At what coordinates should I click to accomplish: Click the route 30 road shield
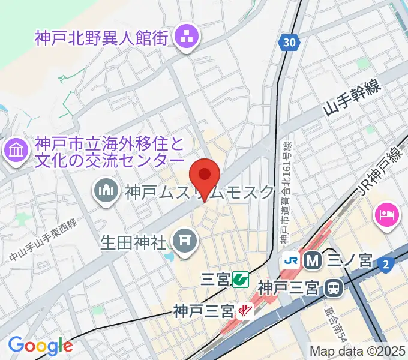pyautogui.click(x=290, y=41)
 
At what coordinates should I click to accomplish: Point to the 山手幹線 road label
pyautogui.click(x=352, y=98)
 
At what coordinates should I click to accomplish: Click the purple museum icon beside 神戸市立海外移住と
pyautogui.click(x=16, y=150)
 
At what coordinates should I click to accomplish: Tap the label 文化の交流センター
pyautogui.click(x=109, y=161)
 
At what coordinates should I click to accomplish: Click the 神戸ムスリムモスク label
pyautogui.click(x=199, y=193)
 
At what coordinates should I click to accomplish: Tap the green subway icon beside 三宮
pyautogui.click(x=241, y=279)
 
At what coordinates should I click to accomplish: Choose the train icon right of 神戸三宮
pyautogui.click(x=332, y=289)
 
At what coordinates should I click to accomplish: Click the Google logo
pyautogui.click(x=40, y=345)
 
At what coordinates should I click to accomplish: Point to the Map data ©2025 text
pyautogui.click(x=356, y=351)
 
